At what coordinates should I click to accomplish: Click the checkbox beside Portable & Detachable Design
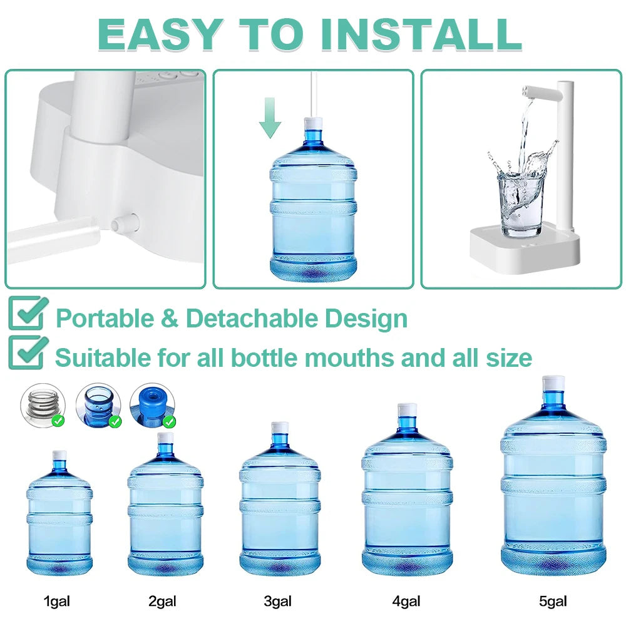pyautogui.click(x=28, y=314)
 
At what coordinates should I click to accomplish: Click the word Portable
pyautogui.click(x=104, y=319)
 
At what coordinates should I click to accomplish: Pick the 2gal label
pyautogui.click(x=162, y=602)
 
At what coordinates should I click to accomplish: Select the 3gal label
pyautogui.click(x=277, y=602)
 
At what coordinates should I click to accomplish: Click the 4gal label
pyautogui.click(x=406, y=602)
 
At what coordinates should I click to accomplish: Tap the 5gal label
pyautogui.click(x=553, y=602)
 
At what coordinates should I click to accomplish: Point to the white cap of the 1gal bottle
pyautogui.click(x=59, y=455)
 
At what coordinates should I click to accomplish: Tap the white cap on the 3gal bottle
pyautogui.click(x=280, y=429)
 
